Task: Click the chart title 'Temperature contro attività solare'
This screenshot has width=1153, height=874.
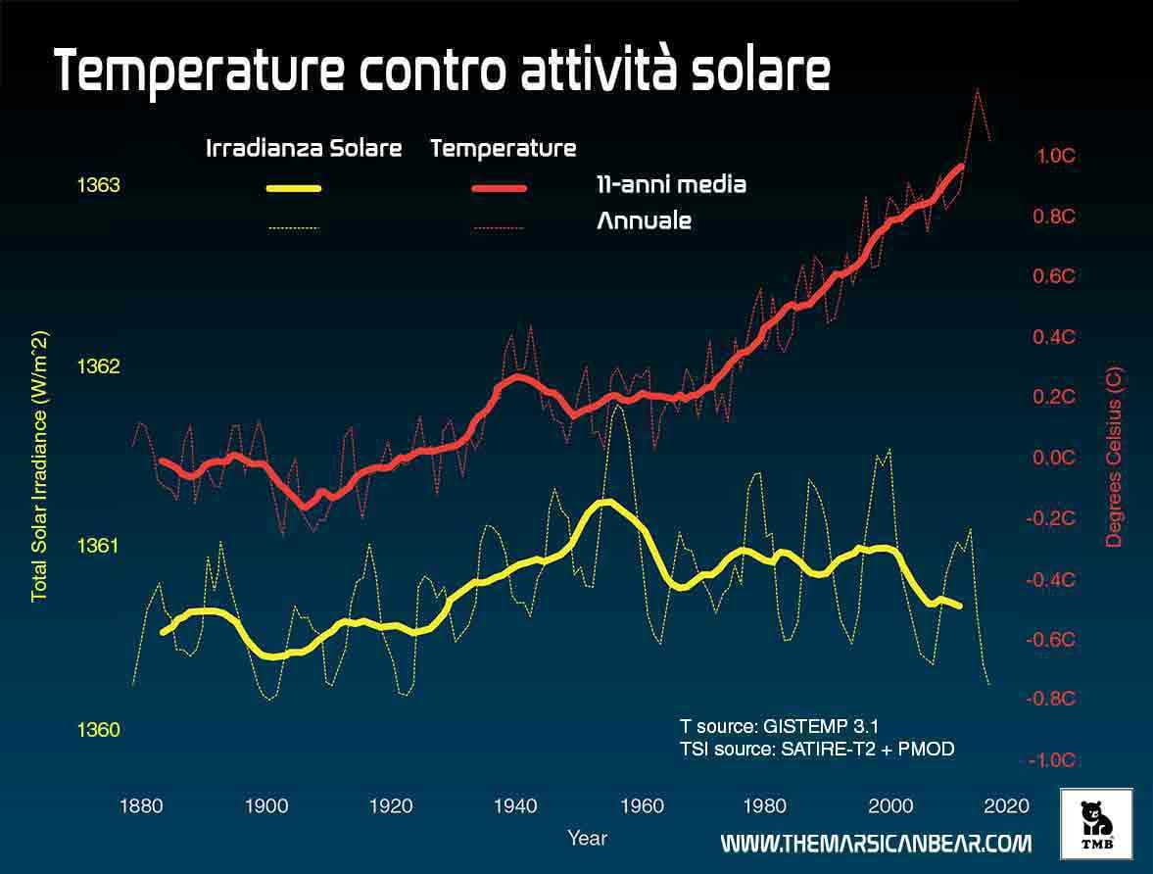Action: pyautogui.click(x=442, y=71)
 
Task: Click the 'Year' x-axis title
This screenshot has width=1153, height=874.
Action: pyautogui.click(x=587, y=838)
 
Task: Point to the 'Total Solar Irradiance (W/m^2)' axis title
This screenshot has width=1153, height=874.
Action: pyautogui.click(x=40, y=466)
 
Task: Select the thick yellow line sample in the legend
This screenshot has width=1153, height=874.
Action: pyautogui.click(x=293, y=188)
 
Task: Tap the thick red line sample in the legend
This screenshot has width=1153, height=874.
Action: pyautogui.click(x=499, y=188)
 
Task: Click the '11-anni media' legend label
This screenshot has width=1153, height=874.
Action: pyautogui.click(x=671, y=184)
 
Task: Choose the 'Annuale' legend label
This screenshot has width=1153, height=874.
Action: pyautogui.click(x=644, y=220)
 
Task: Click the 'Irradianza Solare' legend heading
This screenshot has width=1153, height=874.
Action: pyautogui.click(x=304, y=149)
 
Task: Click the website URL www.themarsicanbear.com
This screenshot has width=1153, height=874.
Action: pyautogui.click(x=876, y=844)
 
